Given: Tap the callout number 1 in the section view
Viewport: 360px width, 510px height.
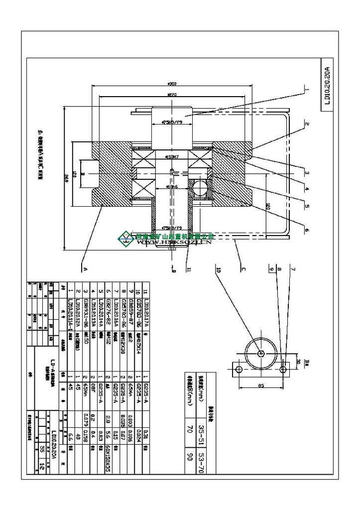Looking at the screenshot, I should pos(307,90).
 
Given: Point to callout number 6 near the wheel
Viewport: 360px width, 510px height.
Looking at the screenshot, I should pos(306,230).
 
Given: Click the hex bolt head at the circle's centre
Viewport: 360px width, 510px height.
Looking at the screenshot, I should pos(261,353).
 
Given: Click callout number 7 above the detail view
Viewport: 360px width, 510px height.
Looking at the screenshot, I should pos(293,269).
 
